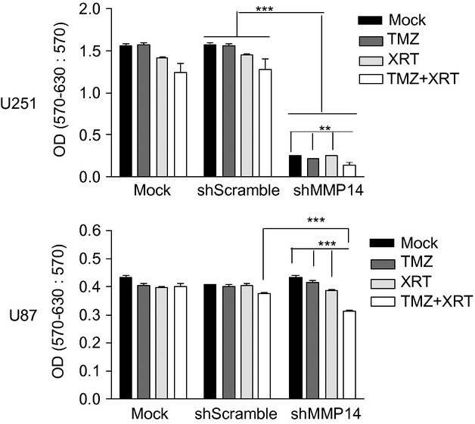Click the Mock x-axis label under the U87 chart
149,414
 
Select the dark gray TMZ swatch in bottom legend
383,262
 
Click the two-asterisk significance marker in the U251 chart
325,128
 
